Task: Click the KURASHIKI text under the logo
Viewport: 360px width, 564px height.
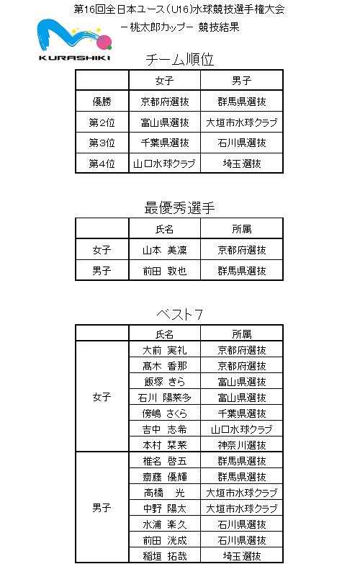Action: click(x=74, y=58)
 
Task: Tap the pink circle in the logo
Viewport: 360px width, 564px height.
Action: click(x=104, y=42)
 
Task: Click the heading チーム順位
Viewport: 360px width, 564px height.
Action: click(x=179, y=60)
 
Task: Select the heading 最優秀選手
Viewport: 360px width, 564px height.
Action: click(x=179, y=208)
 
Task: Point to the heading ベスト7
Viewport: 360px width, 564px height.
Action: click(x=179, y=315)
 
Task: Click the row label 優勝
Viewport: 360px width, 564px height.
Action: click(x=102, y=102)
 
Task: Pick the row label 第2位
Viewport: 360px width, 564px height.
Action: click(x=102, y=122)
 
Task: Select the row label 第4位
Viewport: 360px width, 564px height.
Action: click(x=102, y=164)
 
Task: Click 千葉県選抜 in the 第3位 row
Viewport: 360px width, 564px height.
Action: click(x=165, y=143)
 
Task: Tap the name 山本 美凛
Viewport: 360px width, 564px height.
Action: click(x=165, y=250)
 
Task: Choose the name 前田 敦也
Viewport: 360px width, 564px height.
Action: click(x=165, y=271)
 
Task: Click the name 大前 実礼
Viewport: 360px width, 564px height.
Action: click(x=165, y=350)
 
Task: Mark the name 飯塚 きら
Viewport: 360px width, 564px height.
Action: click(x=165, y=382)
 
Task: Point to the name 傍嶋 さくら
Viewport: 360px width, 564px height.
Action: click(x=165, y=413)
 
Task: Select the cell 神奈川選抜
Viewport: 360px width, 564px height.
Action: click(x=242, y=445)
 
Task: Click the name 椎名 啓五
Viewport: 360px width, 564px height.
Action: click(x=165, y=461)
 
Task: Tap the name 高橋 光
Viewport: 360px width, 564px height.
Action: click(x=165, y=493)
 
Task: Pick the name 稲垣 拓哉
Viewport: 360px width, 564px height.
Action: click(x=165, y=556)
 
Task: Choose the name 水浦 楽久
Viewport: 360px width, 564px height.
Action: click(x=165, y=524)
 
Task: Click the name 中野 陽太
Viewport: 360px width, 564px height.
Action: click(x=165, y=509)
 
